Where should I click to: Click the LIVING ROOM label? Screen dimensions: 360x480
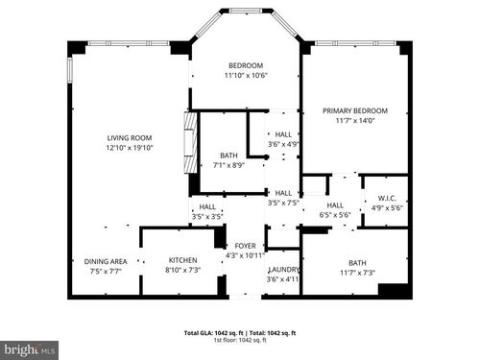tap(129, 138)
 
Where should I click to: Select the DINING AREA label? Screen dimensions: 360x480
tap(106, 261)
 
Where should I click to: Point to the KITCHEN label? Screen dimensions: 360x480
tap(182, 260)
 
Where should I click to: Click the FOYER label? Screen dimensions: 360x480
tap(245, 246)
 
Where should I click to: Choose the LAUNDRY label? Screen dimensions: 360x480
tap(285, 269)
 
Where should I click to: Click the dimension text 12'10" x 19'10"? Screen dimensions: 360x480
tap(129, 148)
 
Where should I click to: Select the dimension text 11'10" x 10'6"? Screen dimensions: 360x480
tap(246, 75)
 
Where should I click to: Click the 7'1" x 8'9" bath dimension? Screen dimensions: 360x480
tap(228, 164)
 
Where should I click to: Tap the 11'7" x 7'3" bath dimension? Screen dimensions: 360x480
tap(357, 273)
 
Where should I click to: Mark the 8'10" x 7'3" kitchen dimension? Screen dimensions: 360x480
tap(182, 270)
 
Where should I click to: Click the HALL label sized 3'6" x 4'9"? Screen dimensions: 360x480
tap(283, 134)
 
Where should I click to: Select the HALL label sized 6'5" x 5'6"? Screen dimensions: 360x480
tap(335, 204)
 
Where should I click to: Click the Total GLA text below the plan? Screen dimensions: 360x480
tap(239, 333)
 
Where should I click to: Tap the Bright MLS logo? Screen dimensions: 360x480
tap(30, 349)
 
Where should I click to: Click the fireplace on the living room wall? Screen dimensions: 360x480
tap(190, 142)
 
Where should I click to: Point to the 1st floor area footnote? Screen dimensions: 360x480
tap(239, 340)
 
